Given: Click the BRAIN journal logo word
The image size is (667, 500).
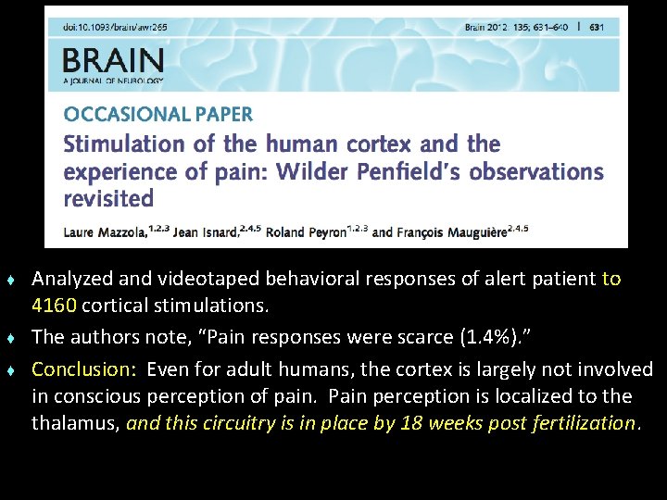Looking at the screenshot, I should pyautogui.click(x=113, y=63).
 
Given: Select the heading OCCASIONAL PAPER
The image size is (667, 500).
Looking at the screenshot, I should pyautogui.click(x=157, y=115).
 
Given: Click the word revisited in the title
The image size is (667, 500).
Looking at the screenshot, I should pyautogui.click(x=108, y=199).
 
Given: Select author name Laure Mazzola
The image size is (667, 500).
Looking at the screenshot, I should pyautogui.click(x=101, y=231).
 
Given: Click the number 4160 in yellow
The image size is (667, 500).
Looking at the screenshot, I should pyautogui.click(x=53, y=305).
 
